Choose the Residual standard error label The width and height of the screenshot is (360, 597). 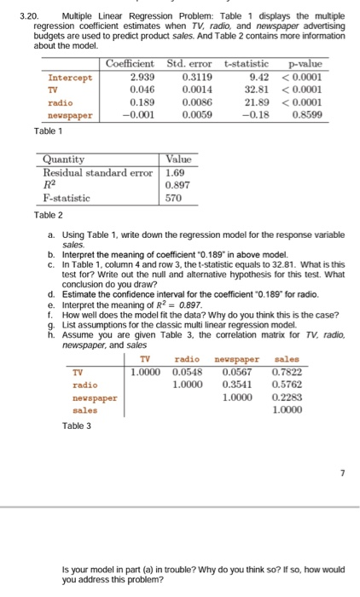click(x=96, y=171)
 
